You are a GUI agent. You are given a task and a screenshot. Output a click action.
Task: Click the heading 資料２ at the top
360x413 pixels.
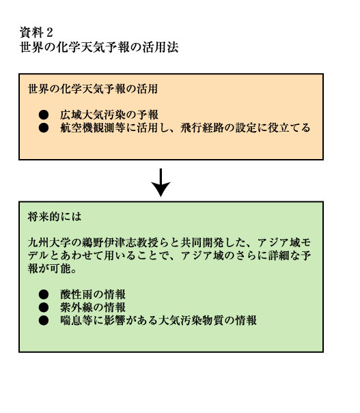click(36, 33)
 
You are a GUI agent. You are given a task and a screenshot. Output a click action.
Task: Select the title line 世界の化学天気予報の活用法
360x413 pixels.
click(99, 47)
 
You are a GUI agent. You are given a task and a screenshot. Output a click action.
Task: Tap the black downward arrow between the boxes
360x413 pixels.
click(161, 182)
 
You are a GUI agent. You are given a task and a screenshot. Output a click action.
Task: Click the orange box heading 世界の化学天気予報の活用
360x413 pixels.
click(93, 89)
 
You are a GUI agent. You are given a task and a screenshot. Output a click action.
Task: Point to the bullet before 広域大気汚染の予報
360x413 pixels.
click(44, 115)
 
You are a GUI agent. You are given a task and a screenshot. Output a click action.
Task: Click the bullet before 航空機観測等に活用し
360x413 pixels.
click(44, 128)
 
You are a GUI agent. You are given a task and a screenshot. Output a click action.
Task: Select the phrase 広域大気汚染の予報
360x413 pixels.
click(109, 115)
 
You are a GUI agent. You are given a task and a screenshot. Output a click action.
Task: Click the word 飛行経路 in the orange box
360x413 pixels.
click(202, 128)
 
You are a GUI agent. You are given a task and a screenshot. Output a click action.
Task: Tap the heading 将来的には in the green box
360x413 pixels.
click(55, 217)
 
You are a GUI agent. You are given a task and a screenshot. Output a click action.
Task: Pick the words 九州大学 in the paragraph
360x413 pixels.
click(50, 242)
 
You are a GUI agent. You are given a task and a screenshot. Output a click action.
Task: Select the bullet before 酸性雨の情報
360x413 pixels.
click(44, 294)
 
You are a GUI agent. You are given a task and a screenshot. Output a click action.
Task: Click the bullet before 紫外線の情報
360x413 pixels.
click(44, 307)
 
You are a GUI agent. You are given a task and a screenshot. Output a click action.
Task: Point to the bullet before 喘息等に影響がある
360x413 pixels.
click(44, 320)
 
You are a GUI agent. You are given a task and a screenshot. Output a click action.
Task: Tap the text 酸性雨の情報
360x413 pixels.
click(93, 294)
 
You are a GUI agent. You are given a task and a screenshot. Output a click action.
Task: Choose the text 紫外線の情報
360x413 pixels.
click(93, 307)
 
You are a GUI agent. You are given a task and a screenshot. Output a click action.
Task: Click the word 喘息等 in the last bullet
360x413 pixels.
click(77, 320)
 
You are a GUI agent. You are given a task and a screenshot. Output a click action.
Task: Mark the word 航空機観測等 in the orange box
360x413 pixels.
click(93, 128)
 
